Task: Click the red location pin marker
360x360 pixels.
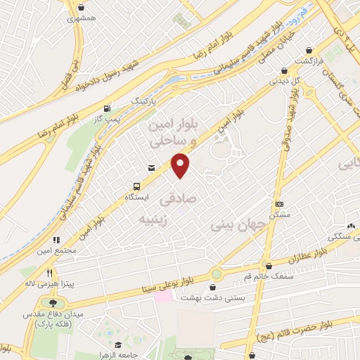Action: pos(181,165)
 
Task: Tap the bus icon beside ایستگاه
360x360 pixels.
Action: pos(137,187)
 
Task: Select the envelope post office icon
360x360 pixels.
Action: pos(151,167)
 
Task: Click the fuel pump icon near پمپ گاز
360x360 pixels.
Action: pos(107,108)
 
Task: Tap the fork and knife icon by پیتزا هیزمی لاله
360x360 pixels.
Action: pos(50,273)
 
